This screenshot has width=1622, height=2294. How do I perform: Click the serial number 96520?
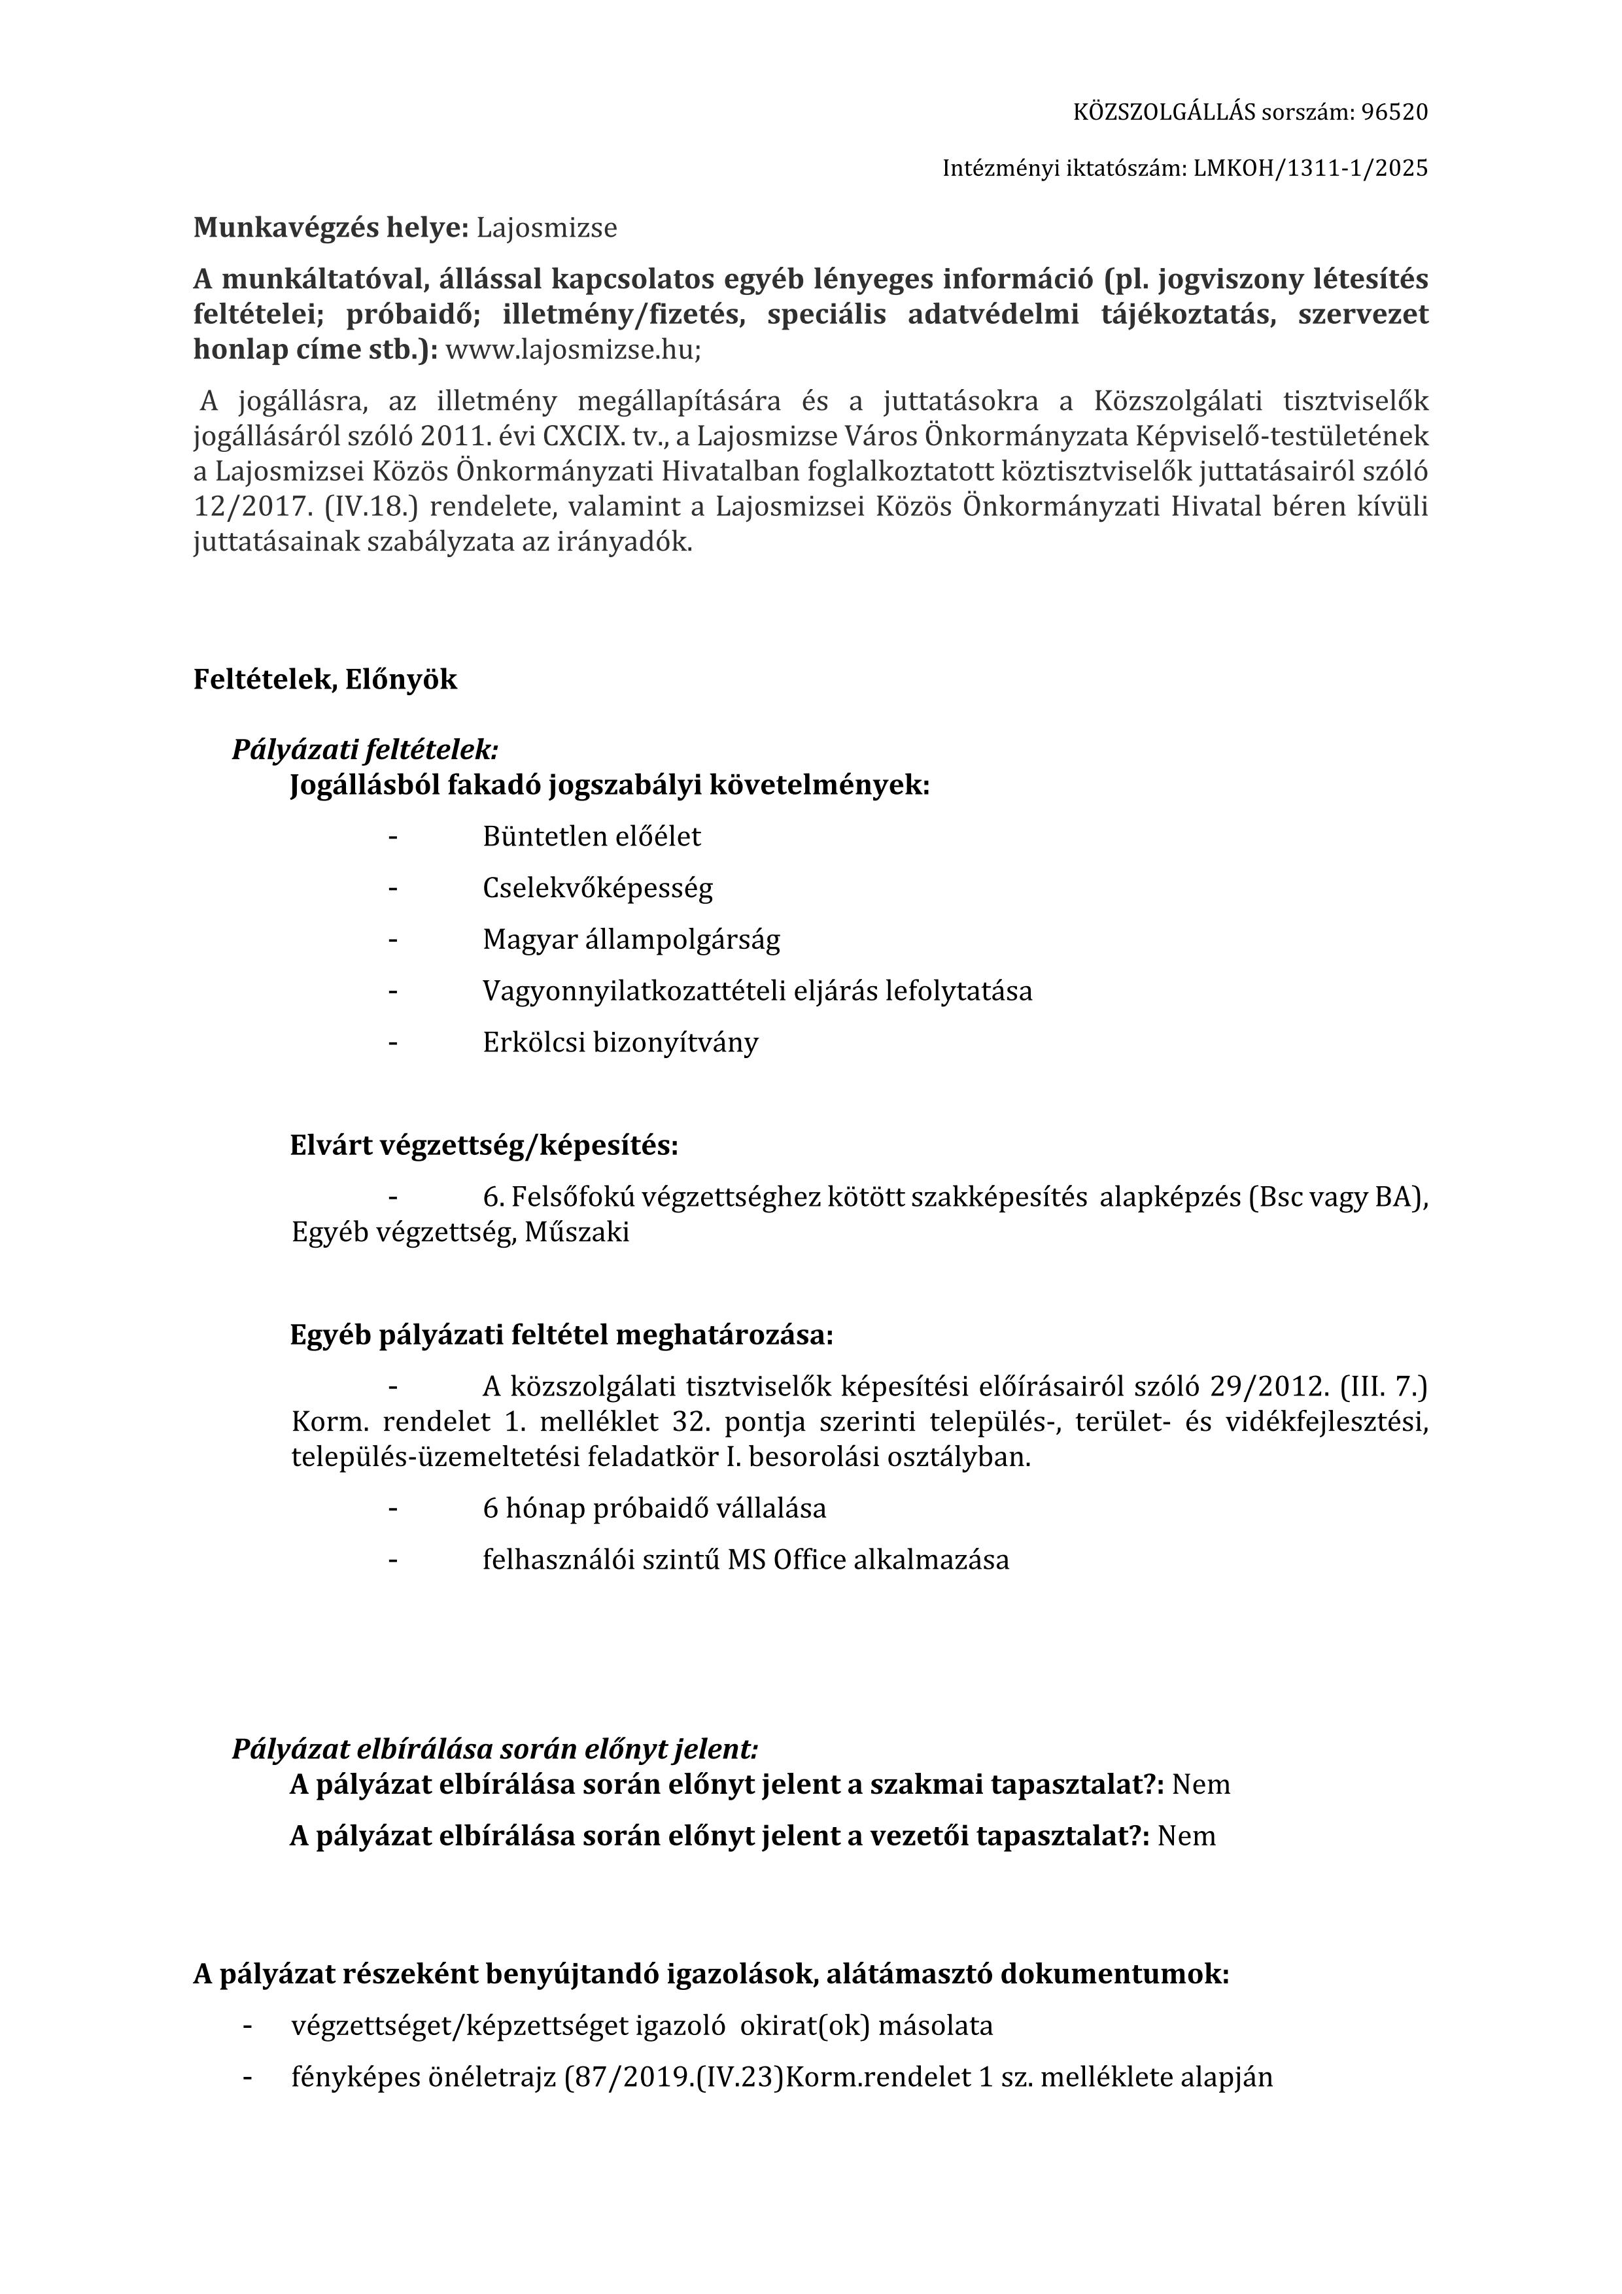tap(1393, 112)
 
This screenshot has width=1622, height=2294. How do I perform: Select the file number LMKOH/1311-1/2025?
tap(1310, 169)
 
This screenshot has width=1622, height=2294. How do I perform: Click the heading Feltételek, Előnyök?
tap(325, 679)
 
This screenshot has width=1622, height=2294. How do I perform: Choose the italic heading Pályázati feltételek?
tap(365, 749)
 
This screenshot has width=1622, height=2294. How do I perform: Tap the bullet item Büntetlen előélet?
tap(592, 836)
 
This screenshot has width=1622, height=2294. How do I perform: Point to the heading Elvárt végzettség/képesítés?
tap(484, 1145)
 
